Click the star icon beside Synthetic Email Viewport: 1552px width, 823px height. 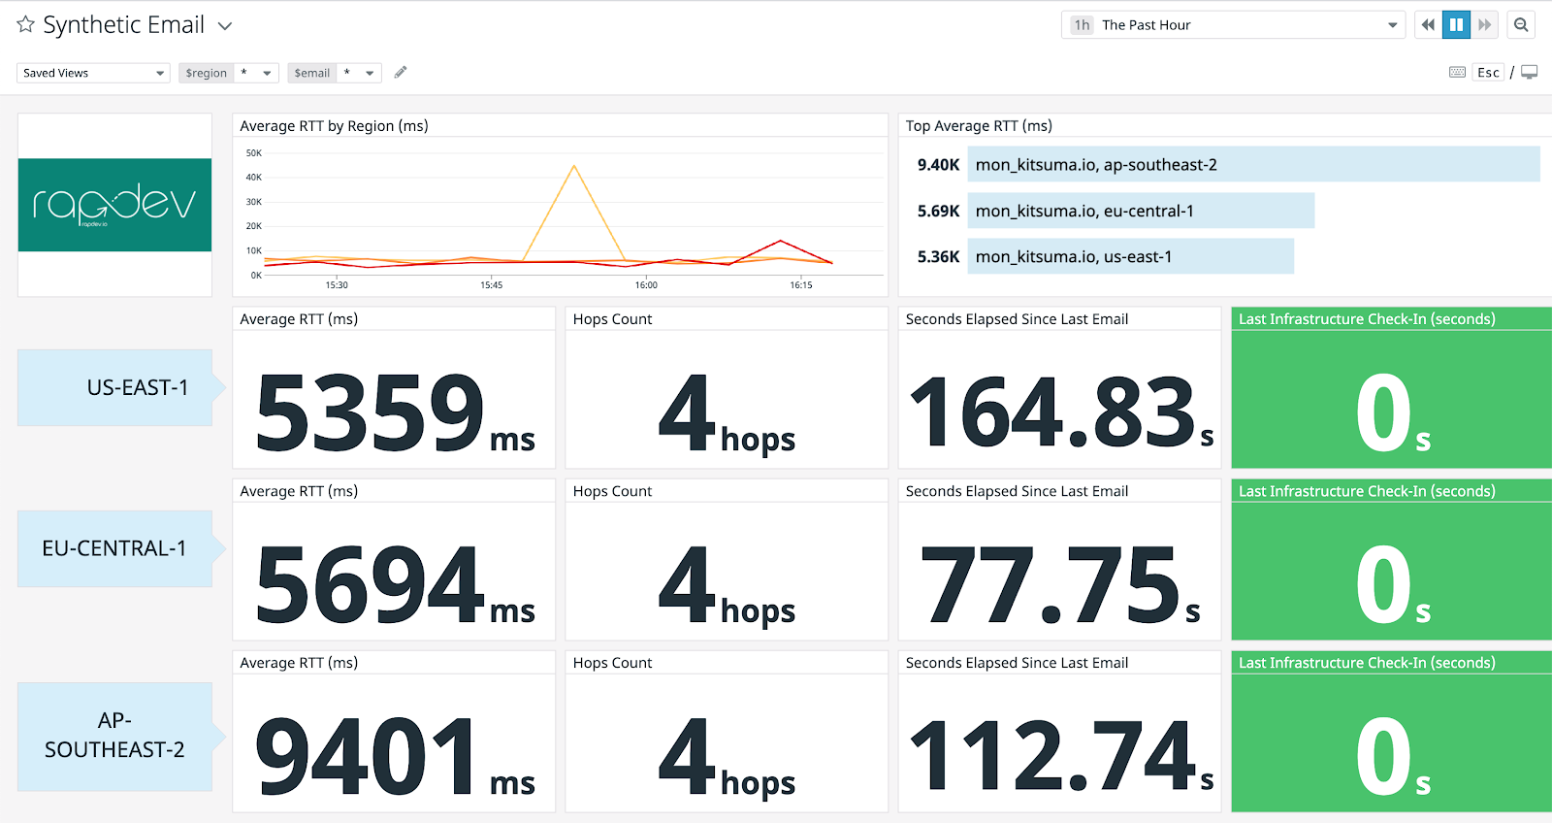25,24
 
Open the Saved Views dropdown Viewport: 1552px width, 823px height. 93,73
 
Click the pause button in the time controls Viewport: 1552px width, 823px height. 1456,25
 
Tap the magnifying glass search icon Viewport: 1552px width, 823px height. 1521,25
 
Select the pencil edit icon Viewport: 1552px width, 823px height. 401,72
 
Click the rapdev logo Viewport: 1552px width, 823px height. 114,204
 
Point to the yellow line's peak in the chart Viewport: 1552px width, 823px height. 574,166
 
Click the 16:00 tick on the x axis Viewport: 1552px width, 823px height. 646,284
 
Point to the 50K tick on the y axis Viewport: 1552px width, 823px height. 254,153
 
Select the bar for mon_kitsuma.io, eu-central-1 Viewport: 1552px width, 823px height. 1141,211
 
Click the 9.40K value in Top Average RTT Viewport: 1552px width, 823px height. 938,165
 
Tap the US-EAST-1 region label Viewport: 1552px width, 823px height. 137,388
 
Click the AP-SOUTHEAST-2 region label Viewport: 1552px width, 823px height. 114,736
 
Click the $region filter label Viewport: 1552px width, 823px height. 207,73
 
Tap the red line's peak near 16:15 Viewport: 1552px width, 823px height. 780,241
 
